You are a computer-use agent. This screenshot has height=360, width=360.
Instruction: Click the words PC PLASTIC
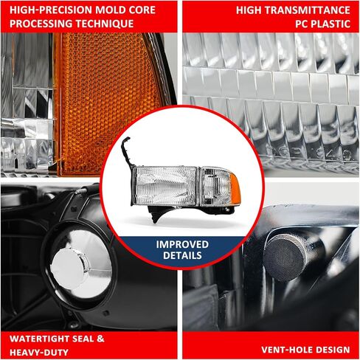tap(322, 24)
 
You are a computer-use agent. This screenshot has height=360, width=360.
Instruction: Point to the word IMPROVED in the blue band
tap(181, 244)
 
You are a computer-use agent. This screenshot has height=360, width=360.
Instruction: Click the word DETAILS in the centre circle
tap(181, 256)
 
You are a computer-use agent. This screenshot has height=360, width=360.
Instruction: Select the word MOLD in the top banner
tap(101, 10)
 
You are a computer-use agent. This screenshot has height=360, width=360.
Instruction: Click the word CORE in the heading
tap(133, 10)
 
